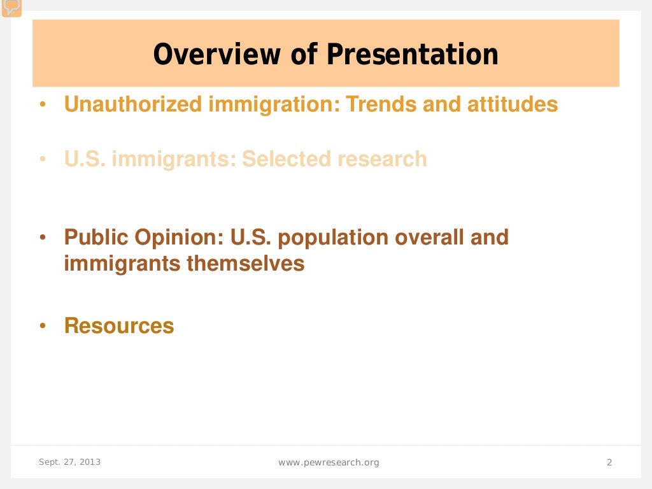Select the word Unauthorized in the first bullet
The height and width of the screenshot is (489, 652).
133,104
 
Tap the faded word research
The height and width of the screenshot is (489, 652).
383,159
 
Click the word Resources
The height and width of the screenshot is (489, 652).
119,325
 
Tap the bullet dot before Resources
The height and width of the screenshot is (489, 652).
43,326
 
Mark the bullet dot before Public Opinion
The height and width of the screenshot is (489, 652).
43,238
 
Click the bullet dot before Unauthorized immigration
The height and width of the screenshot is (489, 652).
43,104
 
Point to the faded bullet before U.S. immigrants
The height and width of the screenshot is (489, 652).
43,159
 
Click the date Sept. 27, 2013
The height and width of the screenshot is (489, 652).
69,462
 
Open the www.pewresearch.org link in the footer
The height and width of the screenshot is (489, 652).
329,462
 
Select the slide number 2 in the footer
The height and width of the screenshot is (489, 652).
609,462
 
